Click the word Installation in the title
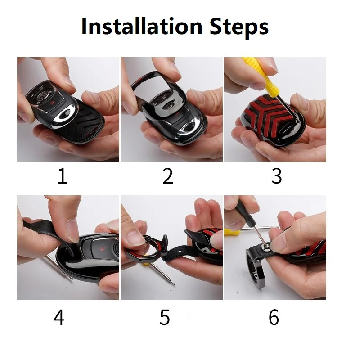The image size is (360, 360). (x=142, y=26)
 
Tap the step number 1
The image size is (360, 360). (x=62, y=176)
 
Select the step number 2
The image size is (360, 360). (x=167, y=176)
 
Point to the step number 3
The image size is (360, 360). (x=276, y=176)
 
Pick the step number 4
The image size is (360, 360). (x=59, y=317)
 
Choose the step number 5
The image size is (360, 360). (x=165, y=317)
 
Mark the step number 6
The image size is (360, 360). (x=274, y=317)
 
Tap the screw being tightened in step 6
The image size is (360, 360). (x=266, y=246)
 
